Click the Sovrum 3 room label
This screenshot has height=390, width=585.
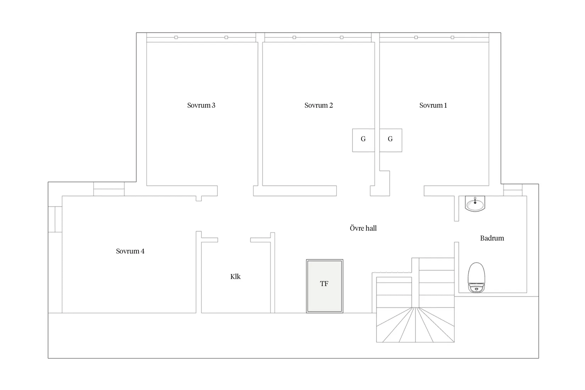pyautogui.click(x=201, y=105)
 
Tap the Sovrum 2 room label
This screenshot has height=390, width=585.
pyautogui.click(x=319, y=105)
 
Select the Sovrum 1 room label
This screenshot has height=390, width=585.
pyautogui.click(x=433, y=105)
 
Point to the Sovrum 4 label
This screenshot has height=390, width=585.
pyautogui.click(x=130, y=251)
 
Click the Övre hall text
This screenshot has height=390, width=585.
pyautogui.click(x=363, y=228)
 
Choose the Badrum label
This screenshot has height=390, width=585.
pyautogui.click(x=492, y=238)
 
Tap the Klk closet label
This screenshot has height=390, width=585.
pyautogui.click(x=235, y=277)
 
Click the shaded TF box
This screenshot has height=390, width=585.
pyautogui.click(x=324, y=286)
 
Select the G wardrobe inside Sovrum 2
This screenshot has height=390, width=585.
pyautogui.click(x=363, y=140)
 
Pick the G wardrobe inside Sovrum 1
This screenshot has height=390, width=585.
pyautogui.click(x=391, y=140)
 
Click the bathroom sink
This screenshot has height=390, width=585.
pyautogui.click(x=475, y=204)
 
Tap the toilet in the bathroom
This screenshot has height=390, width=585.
pyautogui.click(x=477, y=277)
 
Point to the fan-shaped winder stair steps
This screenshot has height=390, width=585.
pyautogui.click(x=415, y=325)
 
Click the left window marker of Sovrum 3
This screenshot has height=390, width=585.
pyautogui.click(x=176, y=37)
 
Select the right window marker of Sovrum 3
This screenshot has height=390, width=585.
pyautogui.click(x=226, y=37)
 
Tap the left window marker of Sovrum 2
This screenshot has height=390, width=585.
pyautogui.click(x=294, y=37)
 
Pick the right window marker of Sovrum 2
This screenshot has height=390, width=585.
pyautogui.click(x=341, y=37)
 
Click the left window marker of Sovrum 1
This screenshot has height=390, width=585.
pyautogui.click(x=416, y=37)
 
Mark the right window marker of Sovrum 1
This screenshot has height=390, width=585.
pyautogui.click(x=452, y=37)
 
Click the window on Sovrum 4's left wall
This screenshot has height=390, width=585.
pyautogui.click(x=55, y=219)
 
